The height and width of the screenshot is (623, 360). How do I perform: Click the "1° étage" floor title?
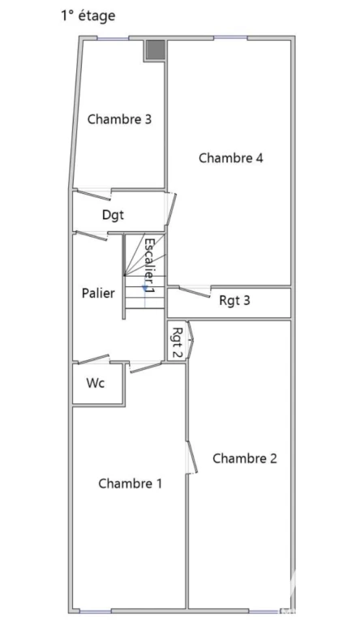[x=88, y=16]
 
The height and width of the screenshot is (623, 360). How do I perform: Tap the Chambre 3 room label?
[x=119, y=119]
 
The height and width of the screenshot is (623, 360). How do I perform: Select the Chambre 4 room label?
[x=230, y=158]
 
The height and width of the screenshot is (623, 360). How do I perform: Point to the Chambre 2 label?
[x=244, y=458]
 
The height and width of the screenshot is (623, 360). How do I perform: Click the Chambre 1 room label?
[x=130, y=483]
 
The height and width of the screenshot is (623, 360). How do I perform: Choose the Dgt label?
[x=113, y=215]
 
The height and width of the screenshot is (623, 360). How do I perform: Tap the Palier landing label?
[x=98, y=293]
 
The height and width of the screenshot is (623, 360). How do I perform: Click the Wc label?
[x=96, y=383]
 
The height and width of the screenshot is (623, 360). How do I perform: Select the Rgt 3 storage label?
[x=234, y=301]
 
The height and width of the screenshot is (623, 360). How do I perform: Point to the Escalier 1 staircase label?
[x=149, y=266]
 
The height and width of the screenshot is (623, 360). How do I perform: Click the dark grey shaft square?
[x=155, y=49]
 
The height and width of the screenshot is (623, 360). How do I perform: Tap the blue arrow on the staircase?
[x=145, y=289]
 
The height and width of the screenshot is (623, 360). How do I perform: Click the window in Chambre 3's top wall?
[x=114, y=38]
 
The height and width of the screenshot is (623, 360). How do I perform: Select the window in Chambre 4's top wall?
[x=230, y=38]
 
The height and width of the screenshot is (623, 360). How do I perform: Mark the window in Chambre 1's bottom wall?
[x=96, y=611]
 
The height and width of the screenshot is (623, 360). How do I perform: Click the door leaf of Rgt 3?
[x=195, y=292]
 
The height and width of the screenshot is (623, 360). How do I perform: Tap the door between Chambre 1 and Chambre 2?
[x=192, y=457]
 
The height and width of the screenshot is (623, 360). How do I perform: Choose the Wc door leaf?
[x=94, y=359]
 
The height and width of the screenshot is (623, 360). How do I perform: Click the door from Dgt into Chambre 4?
[x=171, y=209]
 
